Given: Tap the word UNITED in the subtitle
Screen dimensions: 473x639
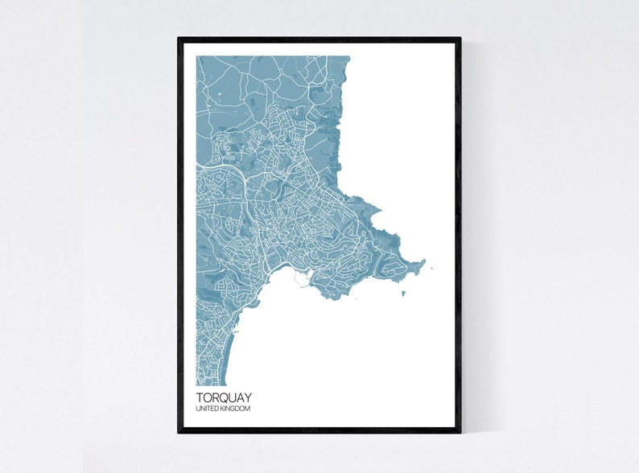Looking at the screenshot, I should click(206, 409).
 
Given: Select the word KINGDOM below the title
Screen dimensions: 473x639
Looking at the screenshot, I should click(234, 409).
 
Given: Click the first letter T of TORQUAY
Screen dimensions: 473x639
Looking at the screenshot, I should click(199, 397).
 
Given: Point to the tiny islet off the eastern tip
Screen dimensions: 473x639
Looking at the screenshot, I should click(432, 269).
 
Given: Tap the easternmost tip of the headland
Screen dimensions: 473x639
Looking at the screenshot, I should click(423, 263).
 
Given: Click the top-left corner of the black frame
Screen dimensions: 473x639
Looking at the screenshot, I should click(179, 39).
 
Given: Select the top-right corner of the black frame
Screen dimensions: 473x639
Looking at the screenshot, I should click(460, 39).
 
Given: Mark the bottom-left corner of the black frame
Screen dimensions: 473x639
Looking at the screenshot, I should click(179, 432).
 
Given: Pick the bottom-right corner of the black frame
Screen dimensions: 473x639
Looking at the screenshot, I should click(460, 432).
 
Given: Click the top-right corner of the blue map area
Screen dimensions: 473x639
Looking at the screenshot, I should click(350, 56).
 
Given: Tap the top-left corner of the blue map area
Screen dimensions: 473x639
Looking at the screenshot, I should click(196, 56).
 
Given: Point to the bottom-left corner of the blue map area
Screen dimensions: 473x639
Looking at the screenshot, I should click(196, 385).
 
